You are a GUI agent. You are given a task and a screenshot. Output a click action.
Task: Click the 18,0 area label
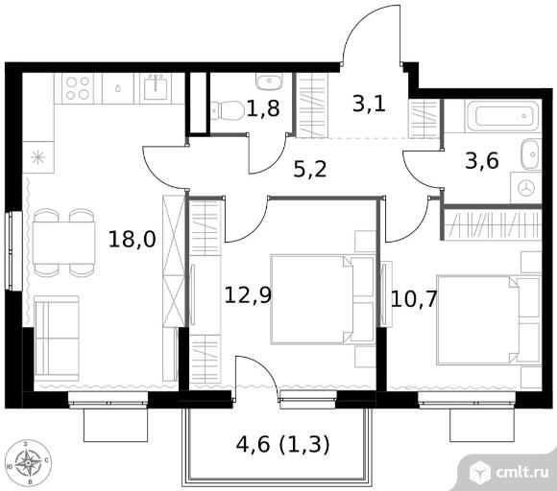133,240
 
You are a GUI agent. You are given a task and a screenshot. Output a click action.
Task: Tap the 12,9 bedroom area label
248,295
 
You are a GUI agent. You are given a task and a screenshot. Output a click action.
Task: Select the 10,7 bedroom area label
414,299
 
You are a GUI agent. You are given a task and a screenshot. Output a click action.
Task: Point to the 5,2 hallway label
310,169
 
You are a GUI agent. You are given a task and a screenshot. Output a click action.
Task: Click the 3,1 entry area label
369,104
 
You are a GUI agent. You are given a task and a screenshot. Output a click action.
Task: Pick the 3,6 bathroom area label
482,161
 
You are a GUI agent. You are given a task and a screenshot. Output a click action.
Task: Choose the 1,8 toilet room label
263,108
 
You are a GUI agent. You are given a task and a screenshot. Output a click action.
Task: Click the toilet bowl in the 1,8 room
228,110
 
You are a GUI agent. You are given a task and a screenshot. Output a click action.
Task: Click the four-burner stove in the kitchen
78,88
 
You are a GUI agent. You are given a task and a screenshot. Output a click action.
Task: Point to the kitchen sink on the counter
156,88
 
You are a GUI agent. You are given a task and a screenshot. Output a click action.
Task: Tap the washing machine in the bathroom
526,188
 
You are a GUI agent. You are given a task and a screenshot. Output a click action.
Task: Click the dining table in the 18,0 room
64,243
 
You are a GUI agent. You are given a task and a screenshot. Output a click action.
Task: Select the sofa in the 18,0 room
57,339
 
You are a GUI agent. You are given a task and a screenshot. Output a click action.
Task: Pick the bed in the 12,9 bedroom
323,299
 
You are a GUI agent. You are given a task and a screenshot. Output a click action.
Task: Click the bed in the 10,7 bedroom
489,319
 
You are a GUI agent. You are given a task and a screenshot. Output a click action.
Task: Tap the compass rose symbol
29,462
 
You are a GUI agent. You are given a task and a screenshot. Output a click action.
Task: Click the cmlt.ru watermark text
522,472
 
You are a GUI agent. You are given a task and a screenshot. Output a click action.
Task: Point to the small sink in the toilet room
269,82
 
